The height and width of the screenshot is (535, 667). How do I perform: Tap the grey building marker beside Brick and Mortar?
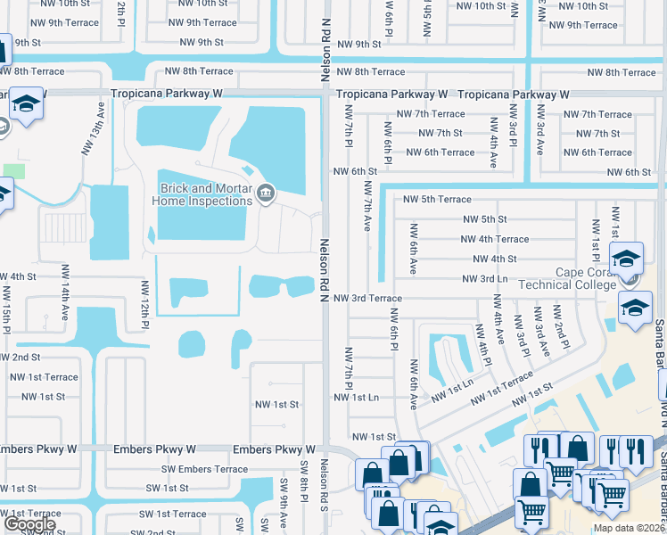point(265,194)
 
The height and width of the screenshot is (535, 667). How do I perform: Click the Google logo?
point(29,524)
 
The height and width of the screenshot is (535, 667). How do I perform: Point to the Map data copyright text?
point(629,528)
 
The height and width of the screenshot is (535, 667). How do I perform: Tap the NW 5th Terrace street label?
point(437,199)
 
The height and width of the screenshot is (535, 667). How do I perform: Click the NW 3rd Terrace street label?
point(367,298)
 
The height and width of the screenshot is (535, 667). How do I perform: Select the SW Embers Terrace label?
point(202,469)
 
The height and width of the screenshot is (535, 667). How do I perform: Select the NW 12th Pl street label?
point(143,302)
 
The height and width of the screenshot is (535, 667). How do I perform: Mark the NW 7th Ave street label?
point(367,207)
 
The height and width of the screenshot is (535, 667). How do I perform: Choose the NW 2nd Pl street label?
point(557,328)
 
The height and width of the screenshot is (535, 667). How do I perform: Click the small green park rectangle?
point(13,170)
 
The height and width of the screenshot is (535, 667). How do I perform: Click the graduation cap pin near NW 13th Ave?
point(27,104)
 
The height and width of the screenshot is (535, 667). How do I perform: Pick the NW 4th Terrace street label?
point(494,239)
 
